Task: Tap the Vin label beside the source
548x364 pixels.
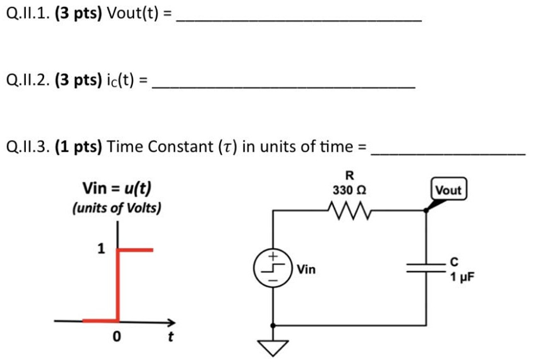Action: click(306, 269)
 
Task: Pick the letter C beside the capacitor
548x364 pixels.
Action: click(454, 263)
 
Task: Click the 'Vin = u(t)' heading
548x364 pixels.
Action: click(117, 189)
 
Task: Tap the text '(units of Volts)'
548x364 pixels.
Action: click(117, 208)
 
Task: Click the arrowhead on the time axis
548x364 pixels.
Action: click(171, 321)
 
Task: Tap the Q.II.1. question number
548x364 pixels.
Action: click(28, 14)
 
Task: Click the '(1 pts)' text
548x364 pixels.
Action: click(79, 147)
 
